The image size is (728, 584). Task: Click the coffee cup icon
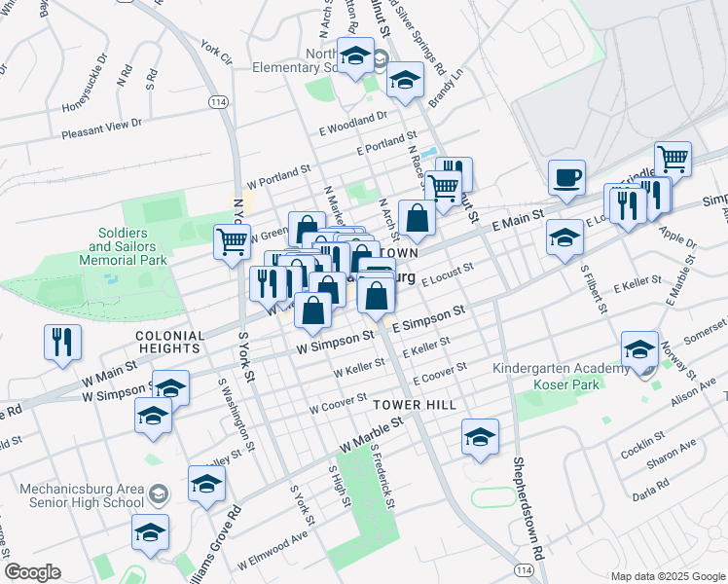(x=566, y=178)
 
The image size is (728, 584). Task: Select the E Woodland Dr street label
(x=352, y=125)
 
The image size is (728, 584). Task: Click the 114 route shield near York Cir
(x=217, y=101)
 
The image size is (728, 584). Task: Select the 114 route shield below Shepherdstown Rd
(x=526, y=569)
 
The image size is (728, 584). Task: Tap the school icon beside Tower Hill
(x=480, y=437)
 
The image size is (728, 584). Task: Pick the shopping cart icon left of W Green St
(x=232, y=240)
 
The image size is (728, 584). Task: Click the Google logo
(x=32, y=572)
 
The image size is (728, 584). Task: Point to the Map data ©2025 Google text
(x=667, y=576)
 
